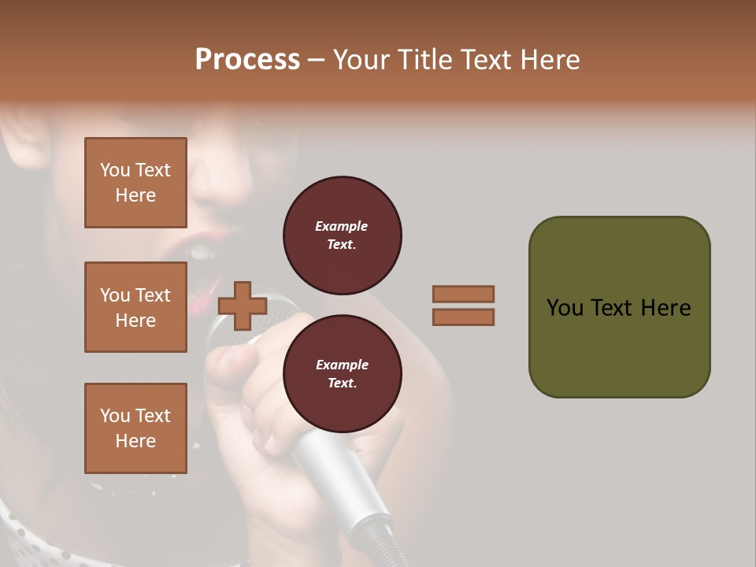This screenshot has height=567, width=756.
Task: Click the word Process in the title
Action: pos(247,60)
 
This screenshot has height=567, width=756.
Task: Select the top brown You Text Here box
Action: pos(135,183)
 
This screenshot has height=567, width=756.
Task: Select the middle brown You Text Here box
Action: pos(135,307)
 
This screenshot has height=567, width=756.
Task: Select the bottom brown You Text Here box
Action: pos(135,428)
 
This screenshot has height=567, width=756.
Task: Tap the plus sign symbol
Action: pos(242,306)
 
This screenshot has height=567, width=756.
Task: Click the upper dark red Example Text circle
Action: pos(342,235)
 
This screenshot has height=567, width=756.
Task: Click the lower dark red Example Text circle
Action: pos(342,374)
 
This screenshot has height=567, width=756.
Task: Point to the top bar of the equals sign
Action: pos(463,294)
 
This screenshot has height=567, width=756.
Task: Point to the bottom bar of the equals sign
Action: pos(463,317)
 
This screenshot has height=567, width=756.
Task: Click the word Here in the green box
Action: pos(665,308)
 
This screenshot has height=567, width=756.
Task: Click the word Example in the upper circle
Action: pos(342,226)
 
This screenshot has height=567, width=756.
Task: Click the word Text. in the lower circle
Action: pos(342,384)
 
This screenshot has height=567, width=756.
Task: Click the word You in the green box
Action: pos(564,308)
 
